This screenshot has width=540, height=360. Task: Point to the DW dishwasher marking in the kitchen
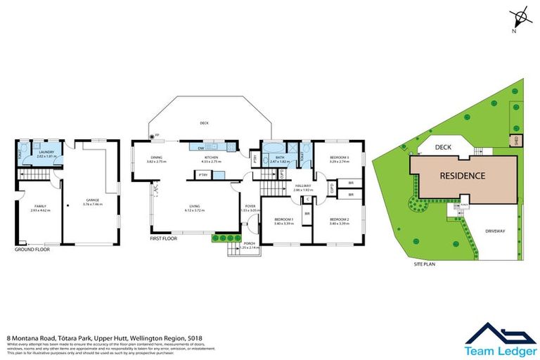[202, 148]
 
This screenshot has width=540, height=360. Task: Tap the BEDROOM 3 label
[339, 158]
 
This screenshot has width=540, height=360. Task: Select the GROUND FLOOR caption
[32, 249]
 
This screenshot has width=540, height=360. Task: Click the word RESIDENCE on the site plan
[462, 175]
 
